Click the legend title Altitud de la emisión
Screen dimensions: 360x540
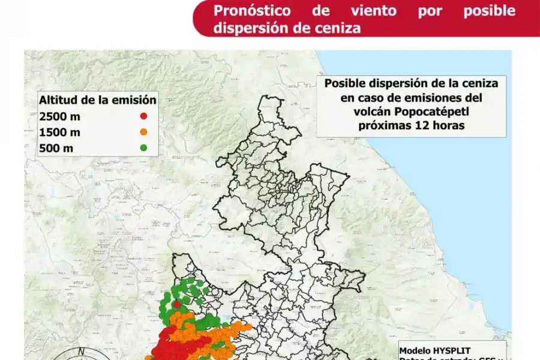point(98,100)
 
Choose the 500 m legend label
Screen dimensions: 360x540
point(55,148)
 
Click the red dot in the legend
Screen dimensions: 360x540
point(144,116)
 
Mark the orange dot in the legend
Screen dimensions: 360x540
point(144,132)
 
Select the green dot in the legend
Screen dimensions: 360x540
point(144,148)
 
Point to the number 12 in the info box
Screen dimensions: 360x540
point(415,125)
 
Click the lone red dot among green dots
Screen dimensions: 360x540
point(177,304)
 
